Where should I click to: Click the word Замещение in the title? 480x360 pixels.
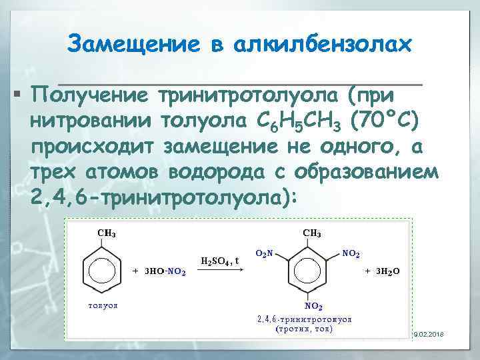[133, 45]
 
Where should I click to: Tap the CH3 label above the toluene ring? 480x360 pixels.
[107, 233]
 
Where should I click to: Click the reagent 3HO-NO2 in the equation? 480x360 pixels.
[160, 271]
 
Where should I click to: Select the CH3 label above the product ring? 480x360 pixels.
[313, 233]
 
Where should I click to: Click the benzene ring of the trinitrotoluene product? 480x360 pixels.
[311, 271]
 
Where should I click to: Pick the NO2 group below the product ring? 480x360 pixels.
[313, 306]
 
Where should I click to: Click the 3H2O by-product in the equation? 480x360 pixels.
[383, 271]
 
